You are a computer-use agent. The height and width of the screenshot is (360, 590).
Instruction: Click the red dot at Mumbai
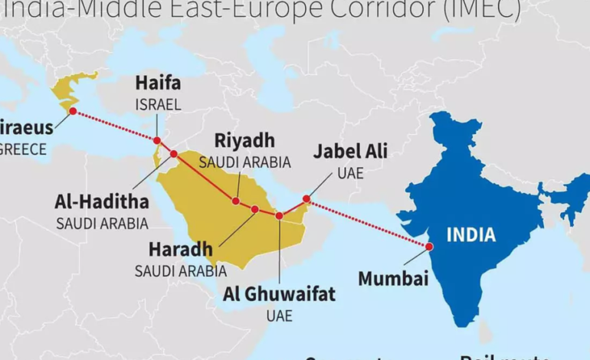[x=429, y=247]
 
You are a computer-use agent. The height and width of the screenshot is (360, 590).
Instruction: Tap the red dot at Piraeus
[x=72, y=111]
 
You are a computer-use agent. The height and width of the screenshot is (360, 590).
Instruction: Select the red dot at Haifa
[x=157, y=140]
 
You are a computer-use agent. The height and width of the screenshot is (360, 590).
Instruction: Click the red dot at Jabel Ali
[x=306, y=199]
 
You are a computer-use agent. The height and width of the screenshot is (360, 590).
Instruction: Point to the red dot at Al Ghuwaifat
[x=279, y=216]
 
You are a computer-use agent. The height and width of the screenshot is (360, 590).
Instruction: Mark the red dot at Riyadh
[x=236, y=201]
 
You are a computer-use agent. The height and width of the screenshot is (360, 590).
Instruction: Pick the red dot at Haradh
[x=254, y=208]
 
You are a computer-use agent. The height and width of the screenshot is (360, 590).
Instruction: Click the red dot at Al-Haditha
[x=173, y=154]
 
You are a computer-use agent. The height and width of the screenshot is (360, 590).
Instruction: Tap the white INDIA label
[x=471, y=234]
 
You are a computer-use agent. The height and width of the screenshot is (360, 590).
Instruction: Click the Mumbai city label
[x=393, y=278]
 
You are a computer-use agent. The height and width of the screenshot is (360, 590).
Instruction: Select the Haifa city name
[x=158, y=83]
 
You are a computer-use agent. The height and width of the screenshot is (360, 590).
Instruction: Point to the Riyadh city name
[x=244, y=141]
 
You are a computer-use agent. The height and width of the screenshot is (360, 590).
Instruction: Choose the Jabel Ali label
[x=350, y=151]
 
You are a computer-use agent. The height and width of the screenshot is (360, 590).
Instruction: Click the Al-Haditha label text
[x=102, y=202]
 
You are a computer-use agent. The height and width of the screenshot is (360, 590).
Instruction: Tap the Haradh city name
[x=181, y=250]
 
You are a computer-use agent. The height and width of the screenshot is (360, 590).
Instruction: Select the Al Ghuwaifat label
[x=279, y=294]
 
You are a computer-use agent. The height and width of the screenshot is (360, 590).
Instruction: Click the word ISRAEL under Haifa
[x=158, y=103]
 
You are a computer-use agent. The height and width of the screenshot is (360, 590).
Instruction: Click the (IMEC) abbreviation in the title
[x=483, y=9]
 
